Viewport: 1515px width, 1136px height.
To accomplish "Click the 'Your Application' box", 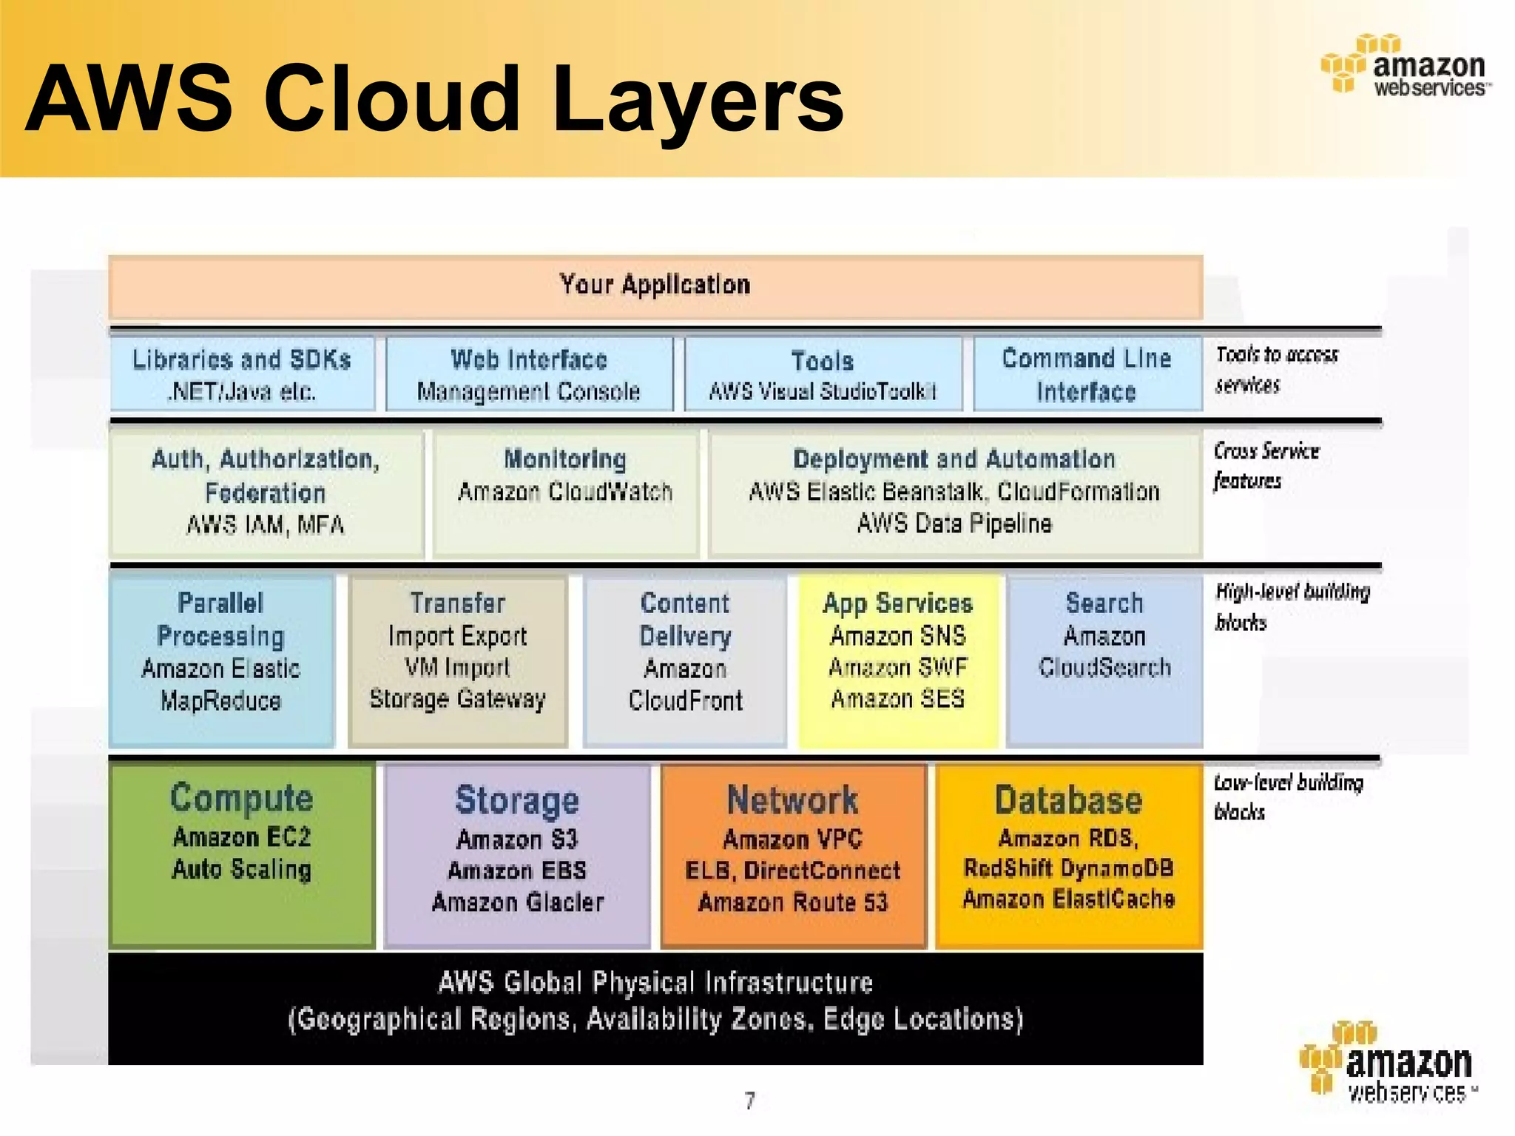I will (655, 286).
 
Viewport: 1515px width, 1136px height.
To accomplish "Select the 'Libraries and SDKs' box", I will (242, 374).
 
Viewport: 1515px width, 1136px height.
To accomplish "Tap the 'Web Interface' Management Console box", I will (529, 374).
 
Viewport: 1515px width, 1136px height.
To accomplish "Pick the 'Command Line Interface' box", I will (1087, 374).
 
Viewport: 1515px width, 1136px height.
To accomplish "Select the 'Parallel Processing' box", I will (221, 660).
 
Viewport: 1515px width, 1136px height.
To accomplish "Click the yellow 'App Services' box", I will (898, 660).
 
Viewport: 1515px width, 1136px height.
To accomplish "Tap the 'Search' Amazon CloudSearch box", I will (1104, 660).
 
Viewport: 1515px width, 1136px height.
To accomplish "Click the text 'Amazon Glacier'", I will (518, 902).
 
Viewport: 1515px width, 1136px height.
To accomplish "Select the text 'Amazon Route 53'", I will (793, 902).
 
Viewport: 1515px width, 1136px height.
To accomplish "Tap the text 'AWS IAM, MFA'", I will (266, 525).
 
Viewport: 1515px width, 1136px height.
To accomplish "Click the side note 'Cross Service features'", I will (1266, 466).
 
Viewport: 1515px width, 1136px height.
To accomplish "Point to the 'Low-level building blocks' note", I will (1287, 797).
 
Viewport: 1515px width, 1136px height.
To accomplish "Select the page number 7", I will (750, 1101).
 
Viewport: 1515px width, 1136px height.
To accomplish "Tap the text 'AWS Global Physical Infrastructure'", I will (655, 983).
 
